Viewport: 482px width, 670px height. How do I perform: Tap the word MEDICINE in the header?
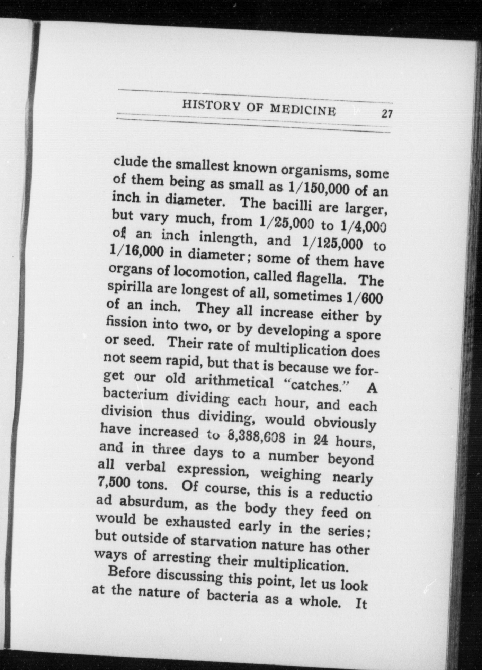tap(303, 110)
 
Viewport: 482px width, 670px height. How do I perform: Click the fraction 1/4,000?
tap(363, 227)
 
